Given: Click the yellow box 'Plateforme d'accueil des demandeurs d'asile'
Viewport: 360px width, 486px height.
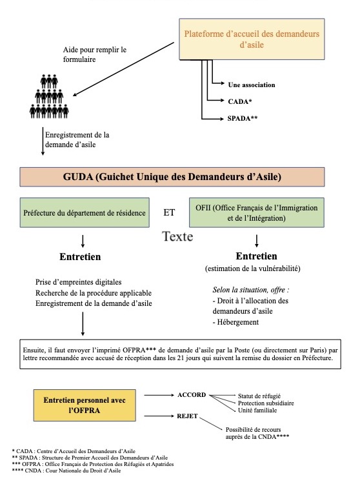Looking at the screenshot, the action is click(252, 39).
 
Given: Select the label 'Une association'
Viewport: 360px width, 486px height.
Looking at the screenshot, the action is click(251, 85).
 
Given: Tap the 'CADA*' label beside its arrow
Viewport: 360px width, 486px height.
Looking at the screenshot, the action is click(240, 101).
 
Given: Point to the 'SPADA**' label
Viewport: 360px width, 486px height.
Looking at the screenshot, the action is click(243, 118).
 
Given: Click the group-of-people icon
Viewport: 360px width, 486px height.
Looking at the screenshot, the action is click(49, 96).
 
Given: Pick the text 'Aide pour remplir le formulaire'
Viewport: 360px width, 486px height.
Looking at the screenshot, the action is click(95, 54).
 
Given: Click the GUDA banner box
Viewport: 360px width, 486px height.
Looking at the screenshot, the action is click(172, 177).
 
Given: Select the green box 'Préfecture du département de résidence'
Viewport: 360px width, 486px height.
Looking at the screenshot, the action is click(85, 212).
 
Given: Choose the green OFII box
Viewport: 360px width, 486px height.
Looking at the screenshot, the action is click(257, 212).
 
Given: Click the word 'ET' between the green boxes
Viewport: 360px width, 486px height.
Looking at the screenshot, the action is click(169, 212).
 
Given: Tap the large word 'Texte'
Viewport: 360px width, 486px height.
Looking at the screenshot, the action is click(177, 236).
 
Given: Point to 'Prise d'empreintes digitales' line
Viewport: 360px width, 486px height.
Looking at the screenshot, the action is click(78, 282).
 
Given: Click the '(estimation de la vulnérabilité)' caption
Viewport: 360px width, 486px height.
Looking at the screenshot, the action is click(252, 268).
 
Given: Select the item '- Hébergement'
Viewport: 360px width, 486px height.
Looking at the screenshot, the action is click(235, 322).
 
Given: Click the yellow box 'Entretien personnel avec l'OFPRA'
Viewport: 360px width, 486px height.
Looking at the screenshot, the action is click(85, 405).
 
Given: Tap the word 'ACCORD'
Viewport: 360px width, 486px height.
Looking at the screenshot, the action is click(192, 395).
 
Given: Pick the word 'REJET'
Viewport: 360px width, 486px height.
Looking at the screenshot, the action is click(187, 416).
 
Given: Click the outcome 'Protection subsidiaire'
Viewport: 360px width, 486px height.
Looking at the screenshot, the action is click(266, 403).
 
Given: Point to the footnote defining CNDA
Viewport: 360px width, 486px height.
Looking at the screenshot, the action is click(66, 471).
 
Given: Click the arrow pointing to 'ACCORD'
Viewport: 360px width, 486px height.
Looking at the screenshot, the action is click(159, 395).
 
